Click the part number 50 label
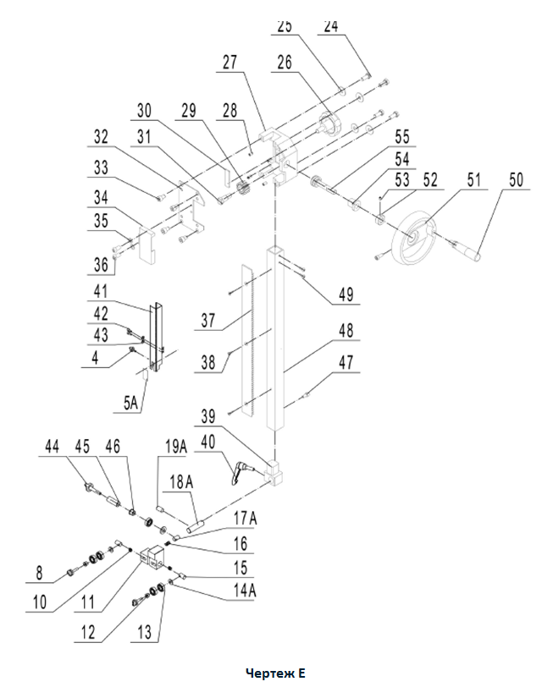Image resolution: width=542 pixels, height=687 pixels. pyautogui.click(x=517, y=179)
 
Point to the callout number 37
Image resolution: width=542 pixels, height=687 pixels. pyautogui.click(x=208, y=321)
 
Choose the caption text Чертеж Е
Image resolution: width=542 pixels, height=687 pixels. pyautogui.click(x=275, y=673)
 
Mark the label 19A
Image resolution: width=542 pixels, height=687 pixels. pyautogui.click(x=176, y=447)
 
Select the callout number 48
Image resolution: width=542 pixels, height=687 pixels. pyautogui.click(x=346, y=330)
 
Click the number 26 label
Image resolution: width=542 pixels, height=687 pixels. pyautogui.click(x=285, y=63)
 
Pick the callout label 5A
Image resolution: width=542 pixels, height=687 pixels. pyautogui.click(x=130, y=403)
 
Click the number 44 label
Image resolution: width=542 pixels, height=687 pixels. pyautogui.click(x=53, y=447)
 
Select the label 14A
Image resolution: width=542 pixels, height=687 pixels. pyautogui.click(x=245, y=591)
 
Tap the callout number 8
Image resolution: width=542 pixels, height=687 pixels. pyautogui.click(x=40, y=573)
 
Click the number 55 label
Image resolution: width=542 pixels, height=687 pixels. pyautogui.click(x=402, y=137)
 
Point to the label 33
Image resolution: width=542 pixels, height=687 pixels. pyautogui.click(x=101, y=168)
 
